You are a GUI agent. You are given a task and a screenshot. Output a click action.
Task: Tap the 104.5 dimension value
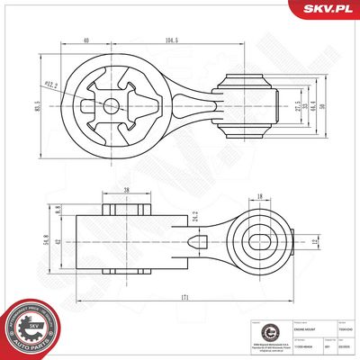tap(170, 40)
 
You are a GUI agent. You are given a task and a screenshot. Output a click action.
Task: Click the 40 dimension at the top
tap(85, 40)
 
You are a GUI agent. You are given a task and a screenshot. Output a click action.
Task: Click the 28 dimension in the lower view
tap(126, 191)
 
